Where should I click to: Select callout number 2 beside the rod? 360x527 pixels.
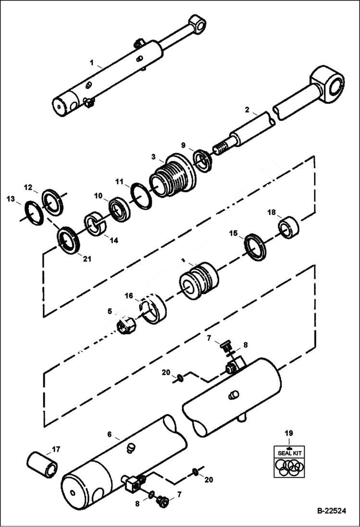247,110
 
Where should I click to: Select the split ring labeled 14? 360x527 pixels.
97,224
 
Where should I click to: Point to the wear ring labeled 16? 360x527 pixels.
153,311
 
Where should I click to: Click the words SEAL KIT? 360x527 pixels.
288,453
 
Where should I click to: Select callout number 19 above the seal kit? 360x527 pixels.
288,433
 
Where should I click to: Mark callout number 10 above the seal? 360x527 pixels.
98,196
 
